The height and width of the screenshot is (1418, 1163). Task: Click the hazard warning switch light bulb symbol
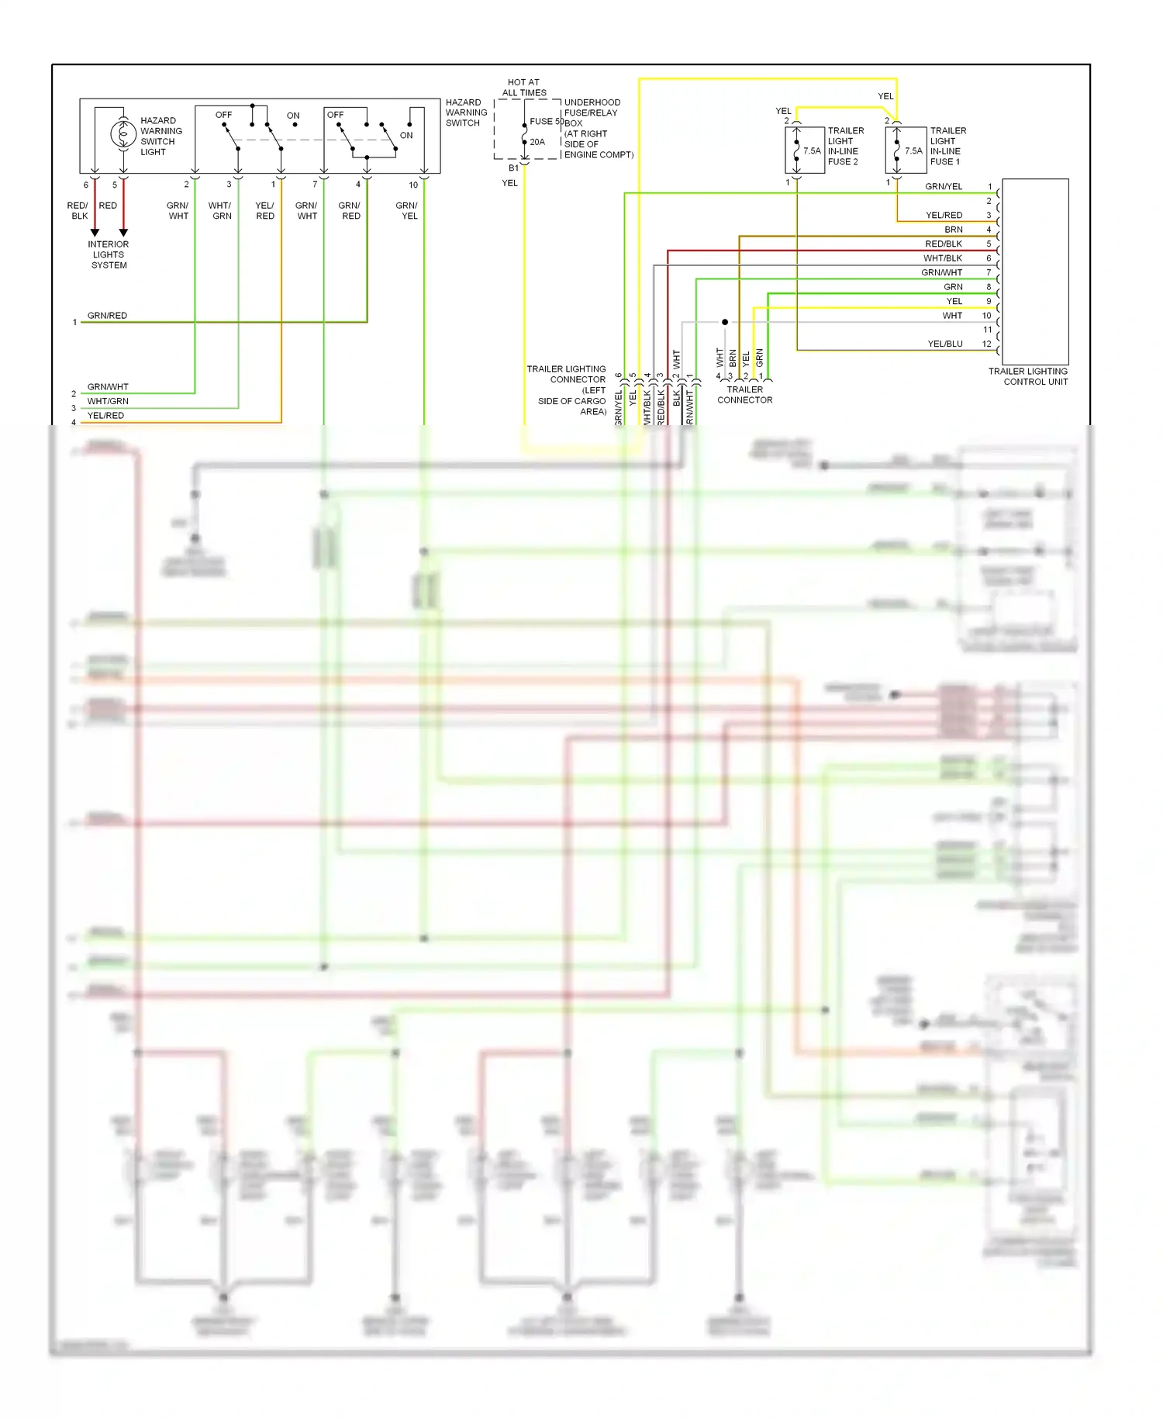pos(123,134)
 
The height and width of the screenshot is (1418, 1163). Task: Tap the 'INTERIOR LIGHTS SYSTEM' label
pos(109,254)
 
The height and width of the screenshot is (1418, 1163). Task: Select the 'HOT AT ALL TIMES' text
pos(524,87)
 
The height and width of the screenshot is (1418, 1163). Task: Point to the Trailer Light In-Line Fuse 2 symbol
pos(796,150)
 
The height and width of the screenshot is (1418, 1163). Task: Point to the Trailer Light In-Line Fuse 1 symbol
pos(896,150)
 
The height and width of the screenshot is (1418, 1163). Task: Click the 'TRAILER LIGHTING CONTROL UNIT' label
pos(1028,376)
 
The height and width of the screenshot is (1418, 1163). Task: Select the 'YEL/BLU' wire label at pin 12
pos(945,344)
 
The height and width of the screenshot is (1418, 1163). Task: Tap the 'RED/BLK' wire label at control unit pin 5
pos(944,244)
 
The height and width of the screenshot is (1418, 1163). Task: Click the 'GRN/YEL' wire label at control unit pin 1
pos(944,187)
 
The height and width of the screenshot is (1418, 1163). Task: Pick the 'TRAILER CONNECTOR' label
pos(744,395)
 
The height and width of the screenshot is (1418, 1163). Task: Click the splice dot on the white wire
pos(725,322)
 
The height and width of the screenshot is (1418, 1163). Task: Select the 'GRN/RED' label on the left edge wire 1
pos(107,316)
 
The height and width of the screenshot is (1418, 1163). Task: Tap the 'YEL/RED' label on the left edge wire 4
pos(105,416)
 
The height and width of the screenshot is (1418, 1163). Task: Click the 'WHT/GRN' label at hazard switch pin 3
pos(221,211)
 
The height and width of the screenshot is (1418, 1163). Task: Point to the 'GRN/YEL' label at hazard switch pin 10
pos(408,211)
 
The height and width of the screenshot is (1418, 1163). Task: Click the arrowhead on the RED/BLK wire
pos(95,232)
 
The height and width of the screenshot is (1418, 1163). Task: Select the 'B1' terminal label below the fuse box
pos(513,168)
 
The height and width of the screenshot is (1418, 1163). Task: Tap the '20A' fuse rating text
pos(537,142)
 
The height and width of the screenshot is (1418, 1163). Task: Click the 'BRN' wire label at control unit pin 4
pos(954,230)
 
